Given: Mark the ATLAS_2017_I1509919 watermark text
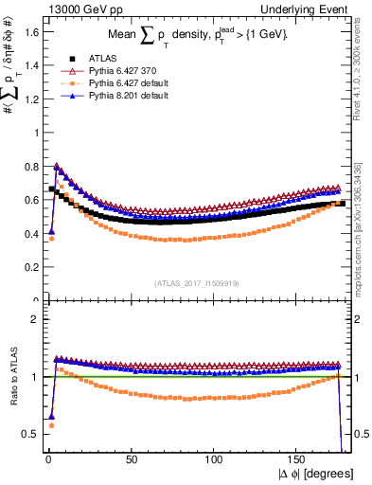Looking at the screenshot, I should (197, 282).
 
